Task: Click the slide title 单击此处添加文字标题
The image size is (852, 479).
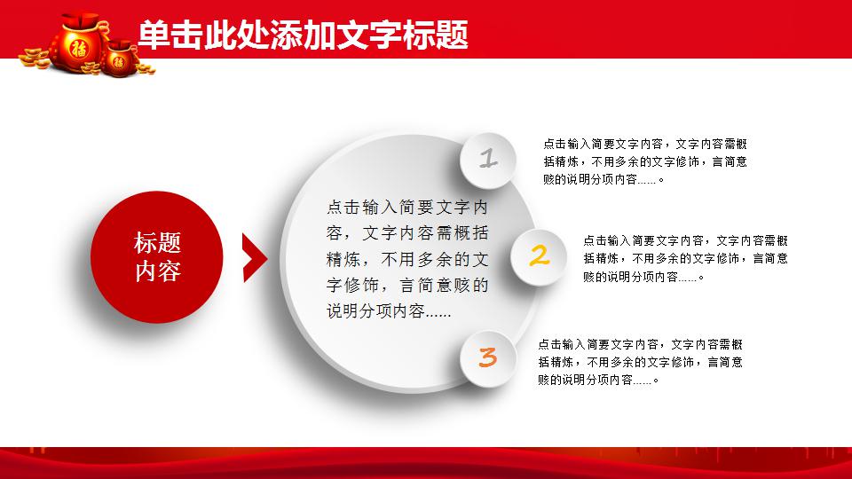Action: (303, 35)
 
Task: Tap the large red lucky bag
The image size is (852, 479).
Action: (79, 43)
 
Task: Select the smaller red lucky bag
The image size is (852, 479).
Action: (119, 59)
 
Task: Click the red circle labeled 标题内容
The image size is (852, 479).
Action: (157, 257)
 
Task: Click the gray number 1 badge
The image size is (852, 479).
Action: (487, 160)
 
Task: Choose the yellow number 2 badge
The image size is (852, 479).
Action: (539, 256)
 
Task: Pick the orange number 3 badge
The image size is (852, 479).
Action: (487, 357)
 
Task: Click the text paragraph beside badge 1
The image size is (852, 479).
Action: (645, 161)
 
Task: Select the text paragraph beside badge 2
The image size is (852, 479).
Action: (685, 258)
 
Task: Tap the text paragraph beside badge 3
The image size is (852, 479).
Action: (640, 362)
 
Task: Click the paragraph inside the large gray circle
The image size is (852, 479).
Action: (407, 258)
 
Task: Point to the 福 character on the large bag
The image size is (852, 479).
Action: (79, 48)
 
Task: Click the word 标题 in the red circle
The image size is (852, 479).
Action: (157, 243)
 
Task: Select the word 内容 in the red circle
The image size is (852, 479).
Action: (157, 271)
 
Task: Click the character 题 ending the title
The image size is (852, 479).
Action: (452, 35)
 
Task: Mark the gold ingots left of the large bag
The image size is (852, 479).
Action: (35, 59)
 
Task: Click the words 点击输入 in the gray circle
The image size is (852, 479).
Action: (361, 207)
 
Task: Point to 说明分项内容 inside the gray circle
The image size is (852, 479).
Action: (375, 311)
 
